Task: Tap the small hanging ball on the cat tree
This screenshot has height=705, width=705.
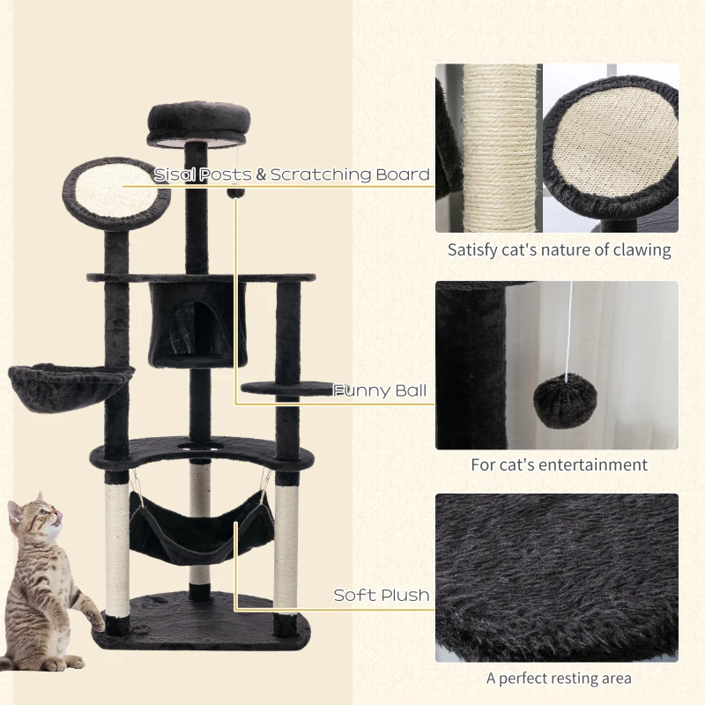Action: click(x=235, y=193)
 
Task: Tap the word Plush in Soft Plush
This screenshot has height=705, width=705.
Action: click(x=406, y=596)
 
